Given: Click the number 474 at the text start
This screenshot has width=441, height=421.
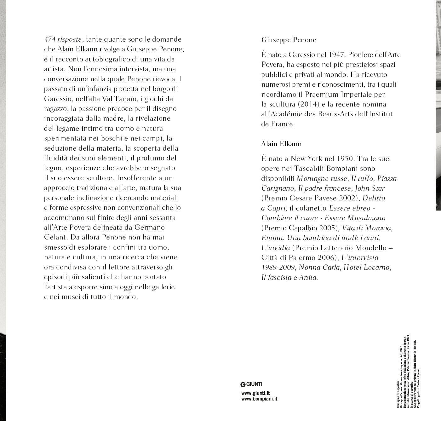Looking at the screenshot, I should (50, 39).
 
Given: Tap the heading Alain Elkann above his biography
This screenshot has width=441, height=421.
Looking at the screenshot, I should (281, 144).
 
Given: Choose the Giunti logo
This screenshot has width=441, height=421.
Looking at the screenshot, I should (251, 384).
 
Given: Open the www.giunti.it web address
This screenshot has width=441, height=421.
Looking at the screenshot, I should (255, 393).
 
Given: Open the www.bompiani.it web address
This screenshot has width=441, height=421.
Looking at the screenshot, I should (259, 399).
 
